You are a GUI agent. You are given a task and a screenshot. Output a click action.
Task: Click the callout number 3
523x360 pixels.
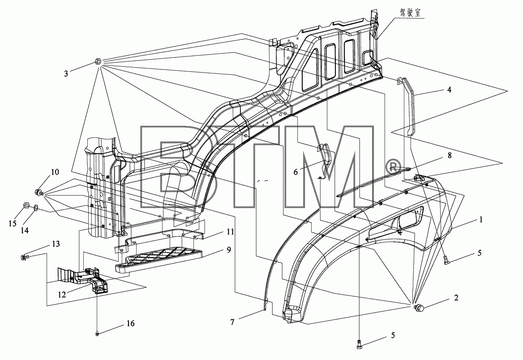coord(66,73)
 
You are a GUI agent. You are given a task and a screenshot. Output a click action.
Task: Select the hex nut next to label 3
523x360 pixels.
coord(98,61)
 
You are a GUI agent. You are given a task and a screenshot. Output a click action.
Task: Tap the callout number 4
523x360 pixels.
coord(449,90)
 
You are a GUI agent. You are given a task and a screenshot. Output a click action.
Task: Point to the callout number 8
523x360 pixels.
coord(450,155)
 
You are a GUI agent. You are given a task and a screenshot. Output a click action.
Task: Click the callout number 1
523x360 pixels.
coord(480,219)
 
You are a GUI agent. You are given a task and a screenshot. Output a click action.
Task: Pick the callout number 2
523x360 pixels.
coord(456,297)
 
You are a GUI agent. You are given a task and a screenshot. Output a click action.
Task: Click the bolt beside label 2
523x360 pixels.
coord(417,309)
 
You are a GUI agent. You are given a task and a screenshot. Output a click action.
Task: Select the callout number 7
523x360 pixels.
coord(232,322)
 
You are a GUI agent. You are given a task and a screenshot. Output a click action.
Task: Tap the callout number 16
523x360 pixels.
coord(130,323)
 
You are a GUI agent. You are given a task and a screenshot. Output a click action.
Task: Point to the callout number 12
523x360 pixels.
coord(62,295)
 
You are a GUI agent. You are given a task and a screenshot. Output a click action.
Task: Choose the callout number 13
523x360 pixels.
coord(56,244)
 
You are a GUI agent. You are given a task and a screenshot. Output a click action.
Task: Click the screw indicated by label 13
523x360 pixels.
coord(25,257)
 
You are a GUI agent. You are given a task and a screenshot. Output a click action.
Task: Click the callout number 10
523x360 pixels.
coord(55,172)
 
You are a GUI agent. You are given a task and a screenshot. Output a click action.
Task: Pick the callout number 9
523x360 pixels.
coord(228,249)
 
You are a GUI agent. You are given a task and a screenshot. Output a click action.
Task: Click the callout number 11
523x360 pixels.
coord(231,231)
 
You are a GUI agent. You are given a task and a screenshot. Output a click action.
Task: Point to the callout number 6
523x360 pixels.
coord(296,172)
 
